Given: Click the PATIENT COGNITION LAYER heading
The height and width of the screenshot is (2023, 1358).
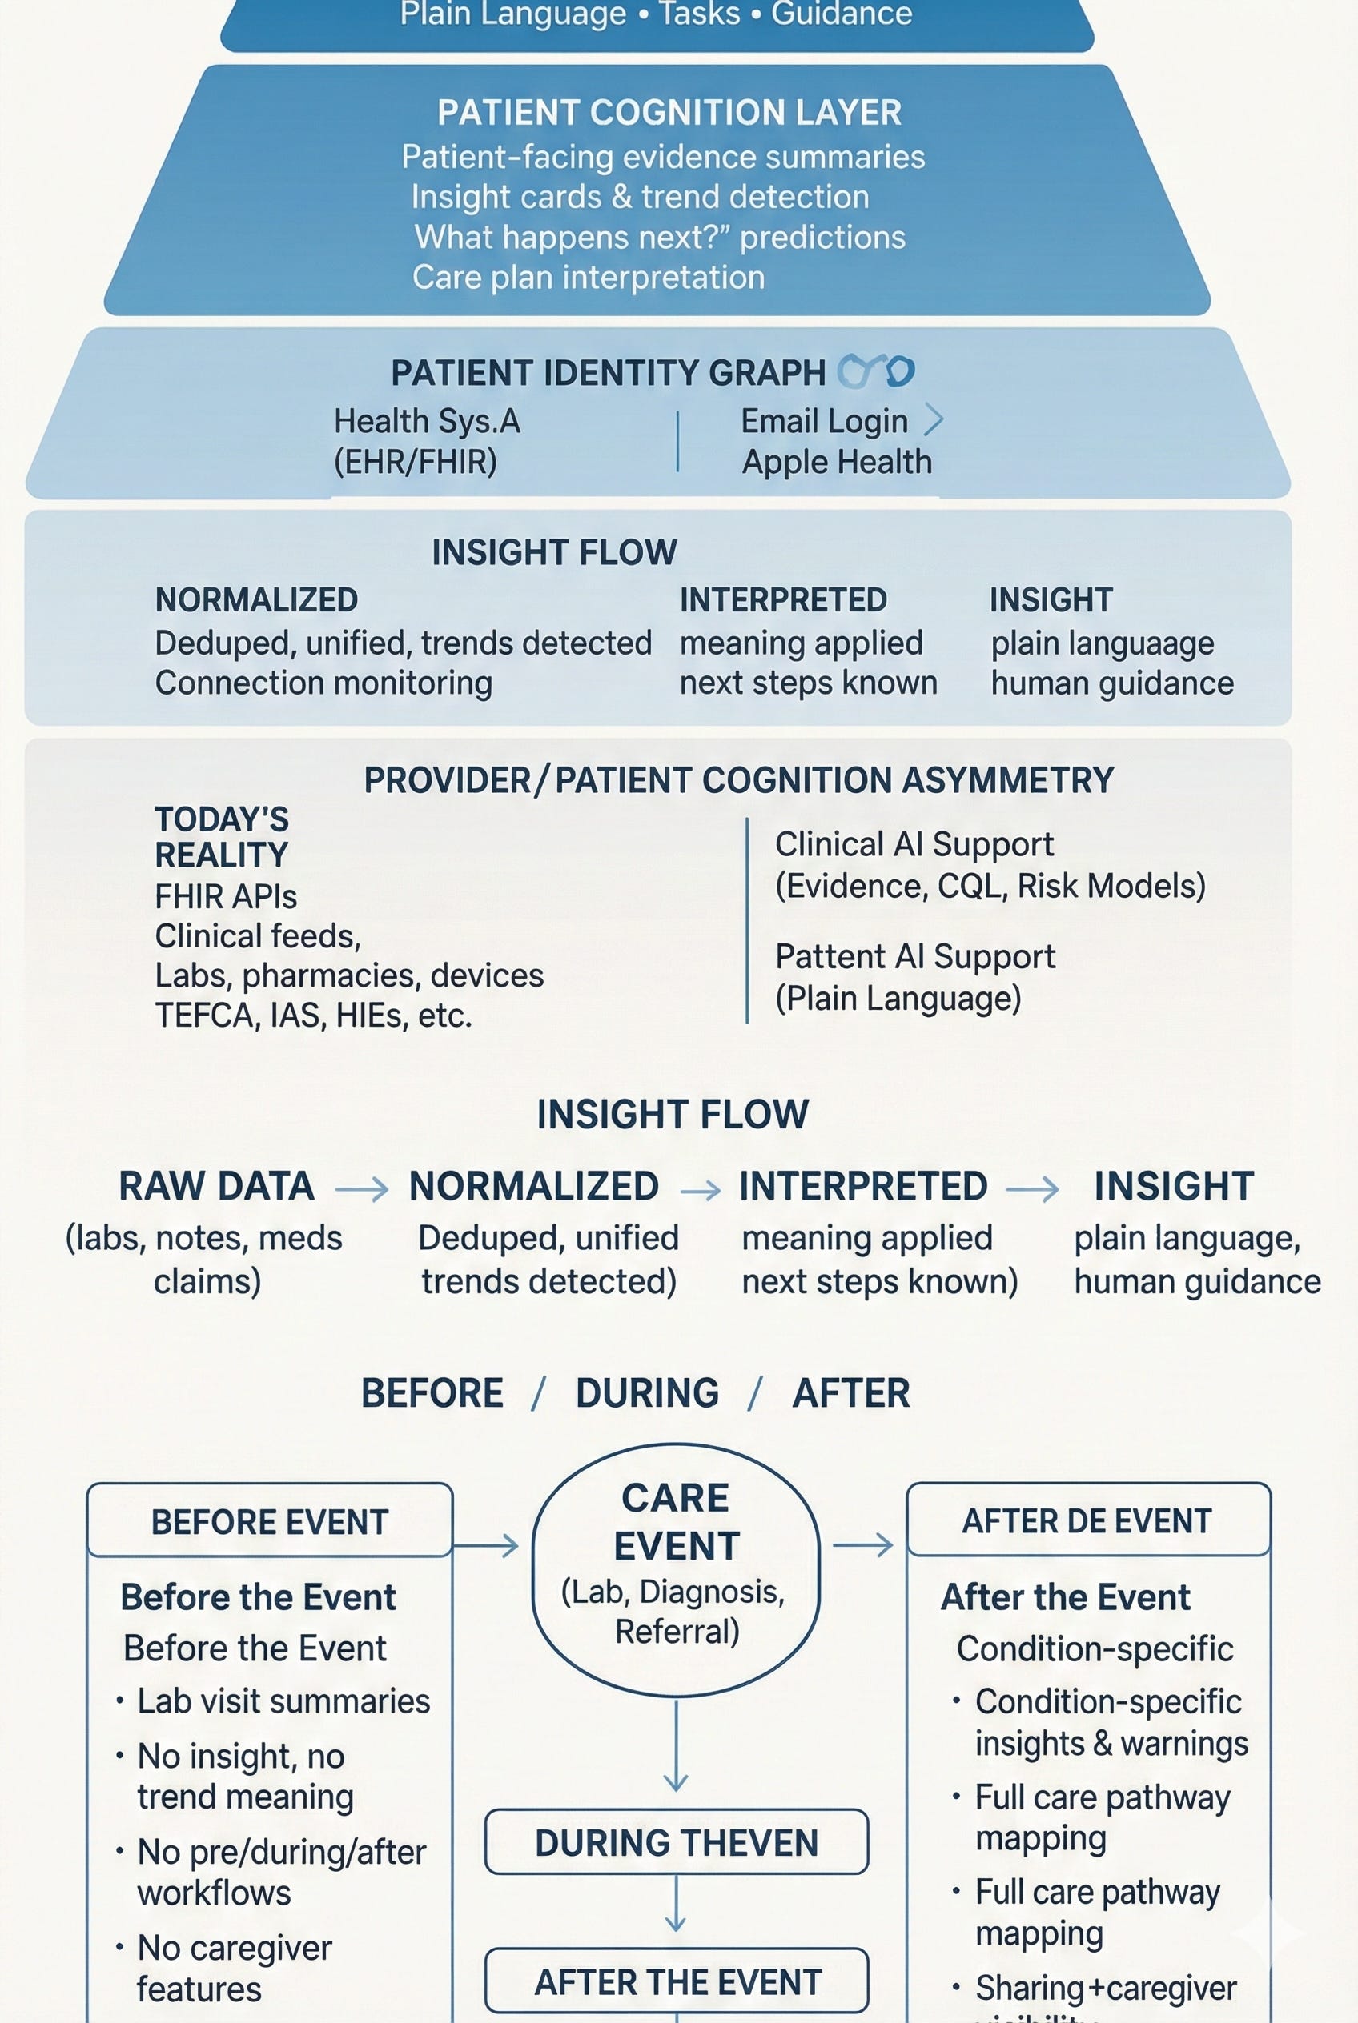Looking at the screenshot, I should point(669,113).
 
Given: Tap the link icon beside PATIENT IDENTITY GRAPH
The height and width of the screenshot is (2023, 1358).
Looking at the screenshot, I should point(876,371).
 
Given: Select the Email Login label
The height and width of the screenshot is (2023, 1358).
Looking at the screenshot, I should point(824,421).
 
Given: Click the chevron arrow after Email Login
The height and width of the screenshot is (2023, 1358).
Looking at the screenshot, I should point(934,420).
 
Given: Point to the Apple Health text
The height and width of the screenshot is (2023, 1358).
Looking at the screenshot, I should point(837,463).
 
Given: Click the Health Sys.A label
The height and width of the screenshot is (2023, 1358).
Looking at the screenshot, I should point(427,421).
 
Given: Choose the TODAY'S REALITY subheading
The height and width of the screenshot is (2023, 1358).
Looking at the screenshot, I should point(222,837).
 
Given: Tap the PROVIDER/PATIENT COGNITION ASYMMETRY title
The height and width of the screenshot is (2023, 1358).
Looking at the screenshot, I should point(738,780).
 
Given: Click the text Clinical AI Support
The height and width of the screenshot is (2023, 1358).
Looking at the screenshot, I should point(914,844).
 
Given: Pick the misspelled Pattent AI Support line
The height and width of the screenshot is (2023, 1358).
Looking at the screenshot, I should point(914,956).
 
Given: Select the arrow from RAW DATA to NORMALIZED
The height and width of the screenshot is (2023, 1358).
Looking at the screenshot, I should point(361,1189).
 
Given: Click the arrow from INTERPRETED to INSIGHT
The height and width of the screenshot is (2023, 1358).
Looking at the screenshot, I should point(1031,1188).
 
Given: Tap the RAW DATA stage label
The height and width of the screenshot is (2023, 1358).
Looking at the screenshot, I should point(216,1186).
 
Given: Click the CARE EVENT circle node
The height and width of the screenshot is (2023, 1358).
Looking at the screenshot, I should point(676,1569).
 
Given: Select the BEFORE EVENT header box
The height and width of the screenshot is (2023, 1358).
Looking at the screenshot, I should point(269,1522).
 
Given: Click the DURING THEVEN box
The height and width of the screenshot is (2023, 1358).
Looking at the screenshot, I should point(677,1843).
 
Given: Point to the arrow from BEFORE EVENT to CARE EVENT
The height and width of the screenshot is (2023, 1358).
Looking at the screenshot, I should point(486,1545).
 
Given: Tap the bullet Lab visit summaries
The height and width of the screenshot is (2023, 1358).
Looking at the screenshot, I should point(283,1701).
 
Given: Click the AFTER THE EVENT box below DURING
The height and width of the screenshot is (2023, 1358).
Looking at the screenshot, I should point(677,1981).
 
